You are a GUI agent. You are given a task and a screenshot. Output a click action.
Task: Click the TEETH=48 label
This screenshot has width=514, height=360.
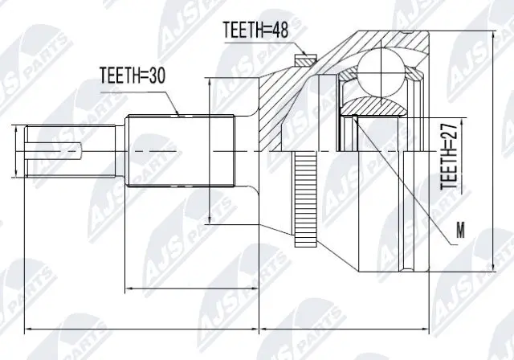point(255,30)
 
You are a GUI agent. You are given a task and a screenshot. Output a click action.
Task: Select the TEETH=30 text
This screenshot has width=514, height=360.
point(132,76)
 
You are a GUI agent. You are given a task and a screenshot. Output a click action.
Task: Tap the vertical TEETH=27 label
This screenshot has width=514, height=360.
point(451,157)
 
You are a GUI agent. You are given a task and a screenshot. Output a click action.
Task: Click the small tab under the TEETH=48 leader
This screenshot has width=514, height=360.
point(303,59)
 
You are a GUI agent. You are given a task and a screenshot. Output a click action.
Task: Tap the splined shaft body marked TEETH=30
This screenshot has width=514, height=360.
point(181,150)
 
